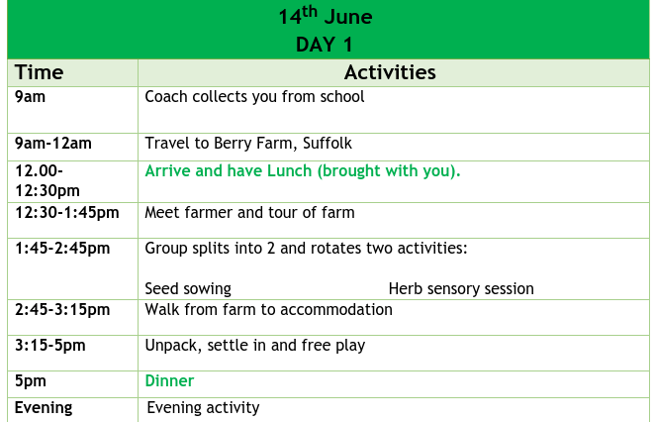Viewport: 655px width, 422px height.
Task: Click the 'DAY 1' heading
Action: pyautogui.click(x=325, y=45)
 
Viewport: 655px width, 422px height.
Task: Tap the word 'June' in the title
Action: pyautogui.click(x=348, y=17)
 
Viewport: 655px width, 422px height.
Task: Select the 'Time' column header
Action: pyautogui.click(x=39, y=72)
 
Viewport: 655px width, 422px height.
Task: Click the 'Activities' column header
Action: pyautogui.click(x=390, y=72)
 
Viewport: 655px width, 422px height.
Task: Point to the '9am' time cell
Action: pyautogui.click(x=30, y=97)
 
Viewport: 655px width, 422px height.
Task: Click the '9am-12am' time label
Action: pyautogui.click(x=53, y=144)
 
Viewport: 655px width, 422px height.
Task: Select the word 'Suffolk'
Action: pyautogui.click(x=327, y=144)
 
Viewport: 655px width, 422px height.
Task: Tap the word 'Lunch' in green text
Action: pyautogui.click(x=289, y=170)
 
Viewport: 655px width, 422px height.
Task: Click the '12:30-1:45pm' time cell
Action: pyautogui.click(x=67, y=212)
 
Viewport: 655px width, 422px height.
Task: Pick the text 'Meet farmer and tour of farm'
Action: pyautogui.click(x=249, y=212)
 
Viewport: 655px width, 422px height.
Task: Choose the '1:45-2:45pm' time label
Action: pyautogui.click(x=62, y=249)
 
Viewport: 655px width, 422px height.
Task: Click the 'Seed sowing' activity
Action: pyautogui.click(x=188, y=289)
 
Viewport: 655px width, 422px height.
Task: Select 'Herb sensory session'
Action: pyautogui.click(x=461, y=289)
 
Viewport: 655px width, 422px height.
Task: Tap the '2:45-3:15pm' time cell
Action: pyautogui.click(x=62, y=310)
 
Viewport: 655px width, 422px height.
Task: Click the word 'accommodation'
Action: pyautogui.click(x=336, y=310)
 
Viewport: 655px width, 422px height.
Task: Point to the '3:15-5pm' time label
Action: pyautogui.click(x=50, y=346)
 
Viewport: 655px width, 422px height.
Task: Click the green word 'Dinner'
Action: pyautogui.click(x=169, y=381)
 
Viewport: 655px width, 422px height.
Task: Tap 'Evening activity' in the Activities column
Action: pyautogui.click(x=203, y=408)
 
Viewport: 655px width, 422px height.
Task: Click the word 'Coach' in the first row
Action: pyautogui.click(x=166, y=97)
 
